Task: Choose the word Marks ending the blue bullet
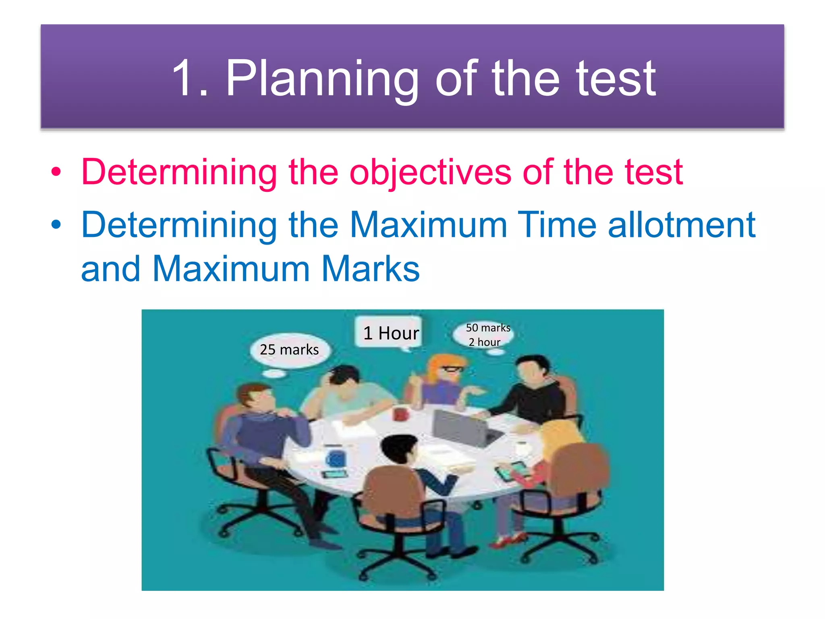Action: (x=371, y=269)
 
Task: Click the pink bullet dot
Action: (x=56, y=172)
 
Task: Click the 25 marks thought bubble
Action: (x=289, y=350)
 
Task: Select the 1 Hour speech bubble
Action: (x=390, y=333)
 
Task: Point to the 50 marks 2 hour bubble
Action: (x=485, y=334)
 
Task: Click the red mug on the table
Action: (x=400, y=413)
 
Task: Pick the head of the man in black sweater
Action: (x=531, y=369)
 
